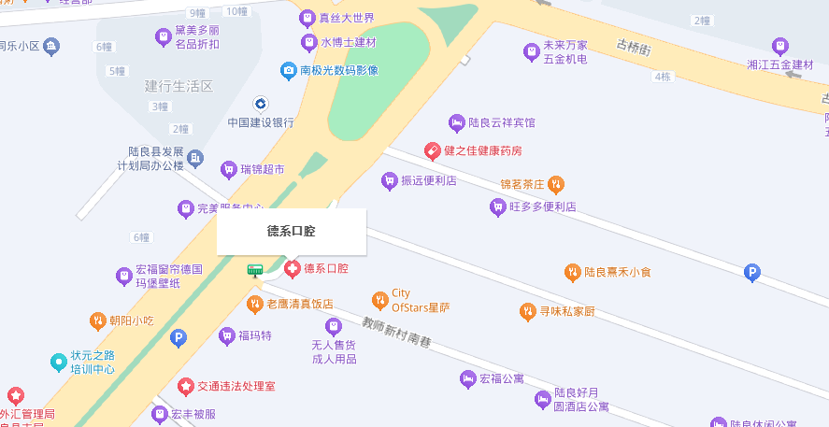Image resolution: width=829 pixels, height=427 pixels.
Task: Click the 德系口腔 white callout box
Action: (292, 231)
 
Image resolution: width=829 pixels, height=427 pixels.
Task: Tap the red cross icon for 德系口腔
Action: (293, 269)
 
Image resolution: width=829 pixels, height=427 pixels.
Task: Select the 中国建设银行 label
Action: (261, 122)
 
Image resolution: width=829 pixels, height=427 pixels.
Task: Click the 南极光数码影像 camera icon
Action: (290, 70)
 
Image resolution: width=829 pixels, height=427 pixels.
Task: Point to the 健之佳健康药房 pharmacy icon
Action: (433, 150)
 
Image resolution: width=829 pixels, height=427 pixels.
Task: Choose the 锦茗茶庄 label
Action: (522, 183)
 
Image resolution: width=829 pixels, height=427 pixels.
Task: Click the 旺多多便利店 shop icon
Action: (498, 206)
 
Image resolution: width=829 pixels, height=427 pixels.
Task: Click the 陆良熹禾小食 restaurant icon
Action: (572, 273)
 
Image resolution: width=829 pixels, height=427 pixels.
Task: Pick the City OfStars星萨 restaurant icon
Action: (379, 300)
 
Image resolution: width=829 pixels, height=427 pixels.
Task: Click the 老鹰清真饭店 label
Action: (300, 304)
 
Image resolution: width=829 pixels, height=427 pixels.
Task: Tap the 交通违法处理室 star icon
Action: (185, 386)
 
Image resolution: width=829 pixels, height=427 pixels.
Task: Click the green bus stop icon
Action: (254, 270)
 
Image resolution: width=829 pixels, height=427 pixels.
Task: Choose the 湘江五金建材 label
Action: (781, 64)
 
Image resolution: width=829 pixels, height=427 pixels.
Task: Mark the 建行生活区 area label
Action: (179, 86)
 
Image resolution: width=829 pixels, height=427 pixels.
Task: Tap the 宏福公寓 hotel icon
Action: (467, 378)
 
